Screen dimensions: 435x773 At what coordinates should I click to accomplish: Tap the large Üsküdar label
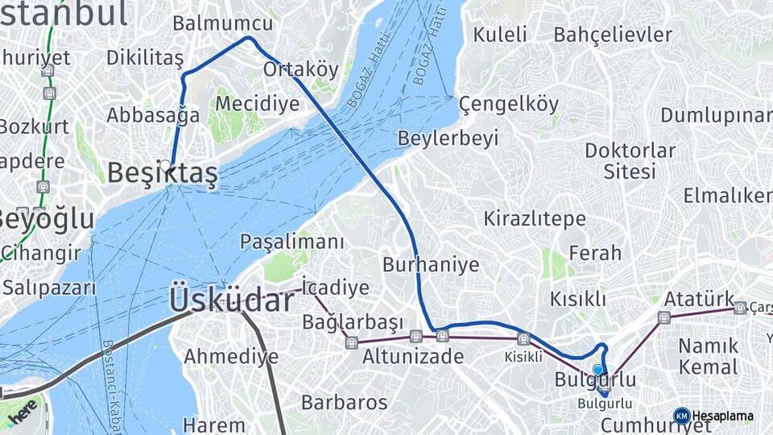click(x=232, y=300)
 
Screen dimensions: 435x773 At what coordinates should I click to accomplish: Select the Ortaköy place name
click(x=301, y=69)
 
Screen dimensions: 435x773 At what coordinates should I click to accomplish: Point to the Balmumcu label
click(x=222, y=23)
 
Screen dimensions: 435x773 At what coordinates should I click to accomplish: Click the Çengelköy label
click(x=508, y=104)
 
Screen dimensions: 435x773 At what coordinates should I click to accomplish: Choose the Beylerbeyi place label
click(x=448, y=138)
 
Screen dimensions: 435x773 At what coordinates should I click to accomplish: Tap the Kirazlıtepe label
click(x=534, y=218)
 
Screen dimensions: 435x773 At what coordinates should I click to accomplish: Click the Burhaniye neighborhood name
click(x=431, y=264)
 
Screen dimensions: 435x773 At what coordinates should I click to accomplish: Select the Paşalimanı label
click(x=291, y=241)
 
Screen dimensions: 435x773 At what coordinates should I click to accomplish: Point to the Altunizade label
click(x=412, y=356)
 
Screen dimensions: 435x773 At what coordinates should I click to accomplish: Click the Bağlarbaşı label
click(x=352, y=323)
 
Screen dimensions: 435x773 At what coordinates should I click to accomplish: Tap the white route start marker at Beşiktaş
click(x=165, y=166)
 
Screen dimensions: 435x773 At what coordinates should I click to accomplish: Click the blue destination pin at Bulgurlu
click(x=597, y=371)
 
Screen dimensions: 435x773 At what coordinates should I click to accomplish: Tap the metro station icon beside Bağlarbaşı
click(x=351, y=342)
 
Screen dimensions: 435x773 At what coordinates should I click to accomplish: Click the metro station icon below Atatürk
click(x=663, y=317)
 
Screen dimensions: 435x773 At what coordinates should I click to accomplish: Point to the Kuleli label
click(x=500, y=34)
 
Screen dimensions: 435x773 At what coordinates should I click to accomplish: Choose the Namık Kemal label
click(x=708, y=356)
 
